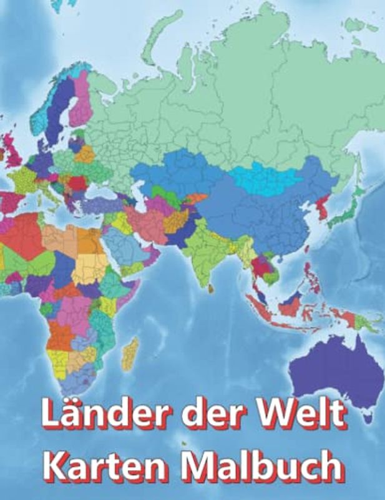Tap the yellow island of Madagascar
pos(130,353)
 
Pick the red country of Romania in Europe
pos(77,184)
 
